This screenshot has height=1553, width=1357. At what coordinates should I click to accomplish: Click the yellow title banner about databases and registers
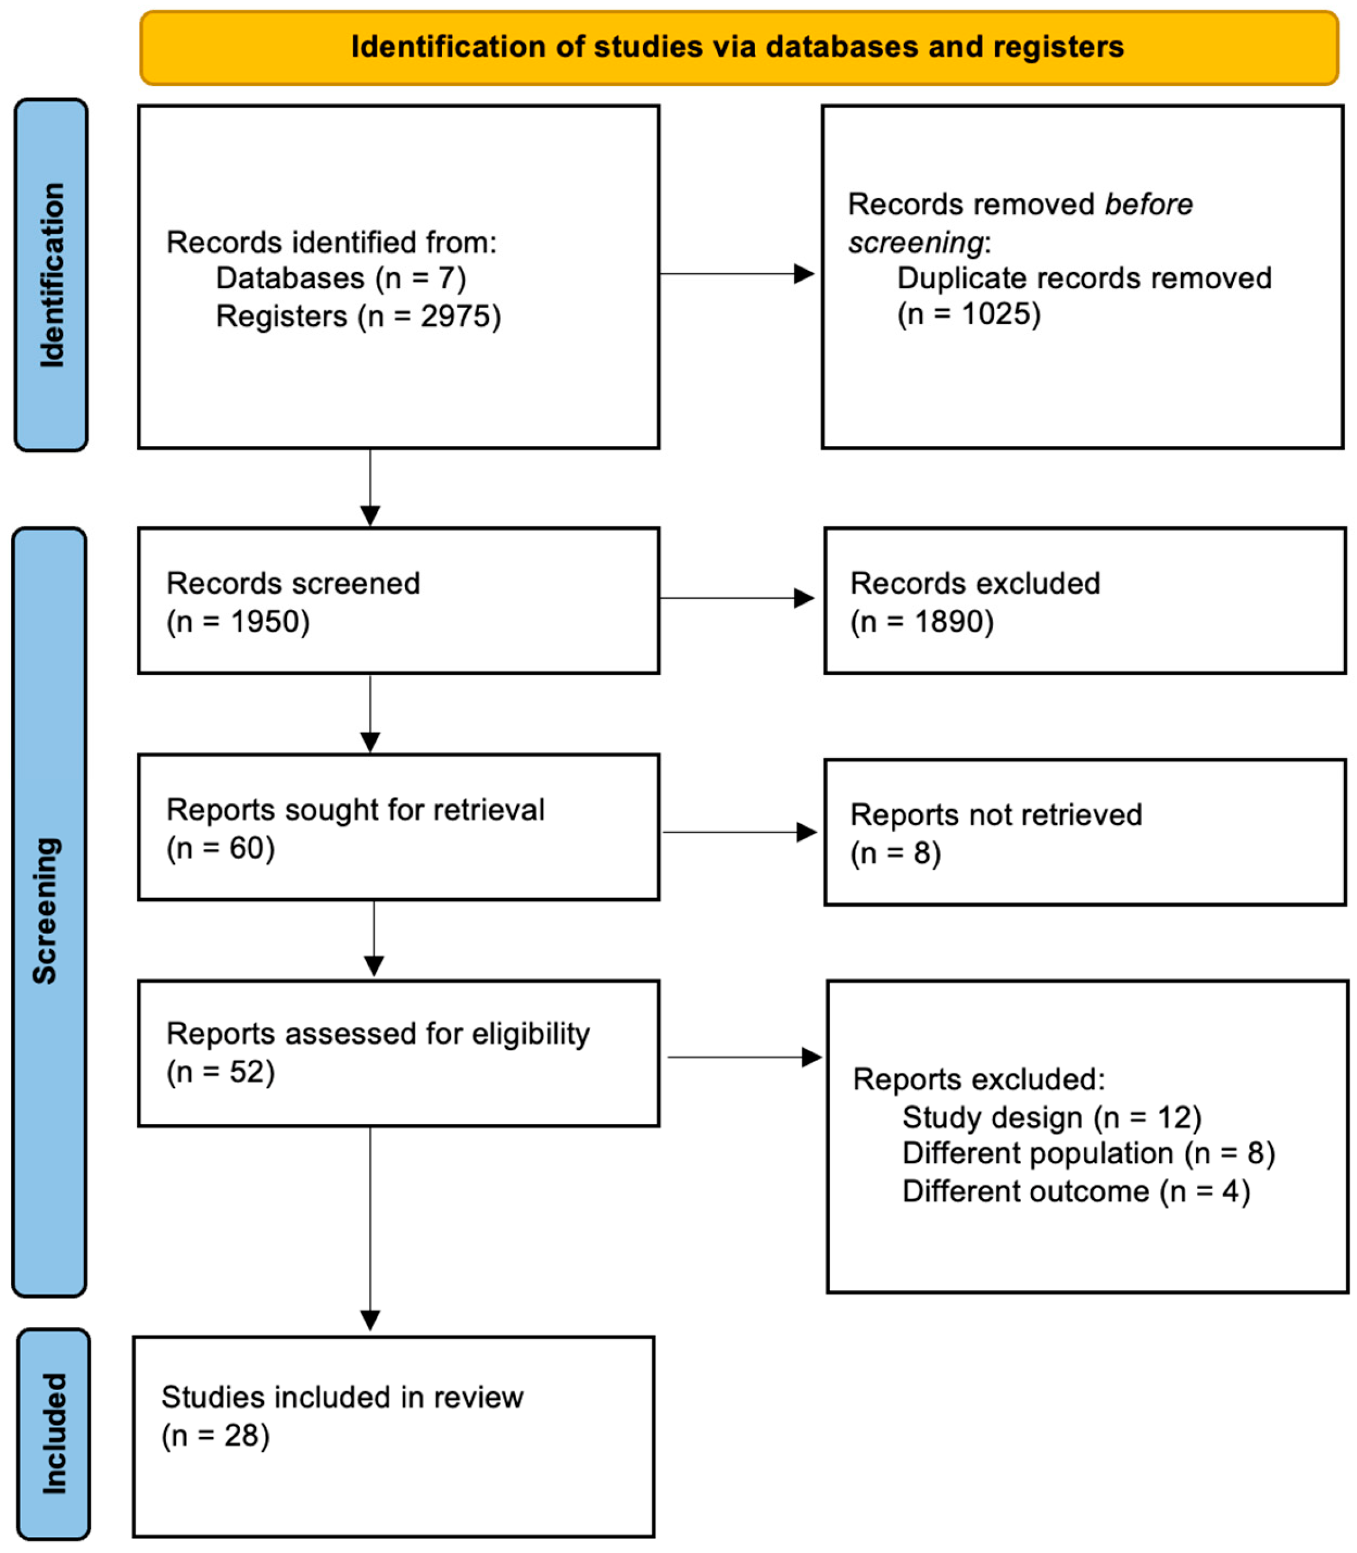click(738, 47)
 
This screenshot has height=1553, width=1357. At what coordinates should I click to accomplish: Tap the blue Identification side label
click(51, 275)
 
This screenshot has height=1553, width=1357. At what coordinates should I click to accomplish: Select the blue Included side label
click(54, 1434)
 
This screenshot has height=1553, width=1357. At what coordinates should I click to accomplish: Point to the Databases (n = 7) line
click(341, 278)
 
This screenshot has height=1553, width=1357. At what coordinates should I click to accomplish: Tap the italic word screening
click(915, 243)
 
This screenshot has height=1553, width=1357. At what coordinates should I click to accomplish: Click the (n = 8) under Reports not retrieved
click(895, 853)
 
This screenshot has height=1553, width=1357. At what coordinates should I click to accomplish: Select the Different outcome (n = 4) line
click(1075, 1191)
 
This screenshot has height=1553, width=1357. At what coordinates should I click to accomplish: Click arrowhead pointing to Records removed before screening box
click(804, 274)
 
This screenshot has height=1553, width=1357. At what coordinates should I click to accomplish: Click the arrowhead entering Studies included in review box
click(371, 1321)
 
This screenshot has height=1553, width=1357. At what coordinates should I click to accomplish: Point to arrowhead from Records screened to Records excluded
click(804, 598)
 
